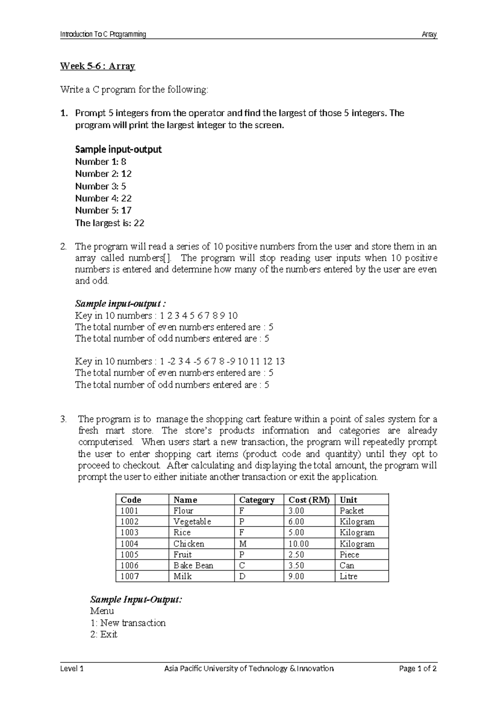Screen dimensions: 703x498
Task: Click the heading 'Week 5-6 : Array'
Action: tap(98, 66)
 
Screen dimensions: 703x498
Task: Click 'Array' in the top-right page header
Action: tap(429, 34)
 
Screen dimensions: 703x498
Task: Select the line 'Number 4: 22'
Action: tap(103, 198)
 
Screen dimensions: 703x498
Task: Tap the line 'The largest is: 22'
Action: tap(110, 223)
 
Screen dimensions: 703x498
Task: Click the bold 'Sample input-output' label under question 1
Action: tap(118, 149)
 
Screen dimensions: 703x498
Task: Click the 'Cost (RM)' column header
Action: tap(309, 500)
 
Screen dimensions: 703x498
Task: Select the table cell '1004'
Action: tap(129, 543)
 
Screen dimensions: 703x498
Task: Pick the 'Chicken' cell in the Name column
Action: tap(189, 543)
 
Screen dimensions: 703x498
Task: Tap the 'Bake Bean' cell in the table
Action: tap(193, 565)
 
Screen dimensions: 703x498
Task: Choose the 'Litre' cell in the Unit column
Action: tap(348, 576)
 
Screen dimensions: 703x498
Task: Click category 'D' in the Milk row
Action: tap(242, 576)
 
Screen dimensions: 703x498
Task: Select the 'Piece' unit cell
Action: tap(349, 555)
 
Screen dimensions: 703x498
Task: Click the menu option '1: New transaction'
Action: tap(128, 623)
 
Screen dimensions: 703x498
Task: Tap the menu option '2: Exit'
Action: tap(104, 634)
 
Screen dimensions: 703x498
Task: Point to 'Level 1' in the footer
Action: tap(72, 668)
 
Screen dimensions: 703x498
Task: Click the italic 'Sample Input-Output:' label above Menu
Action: tap(136, 599)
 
